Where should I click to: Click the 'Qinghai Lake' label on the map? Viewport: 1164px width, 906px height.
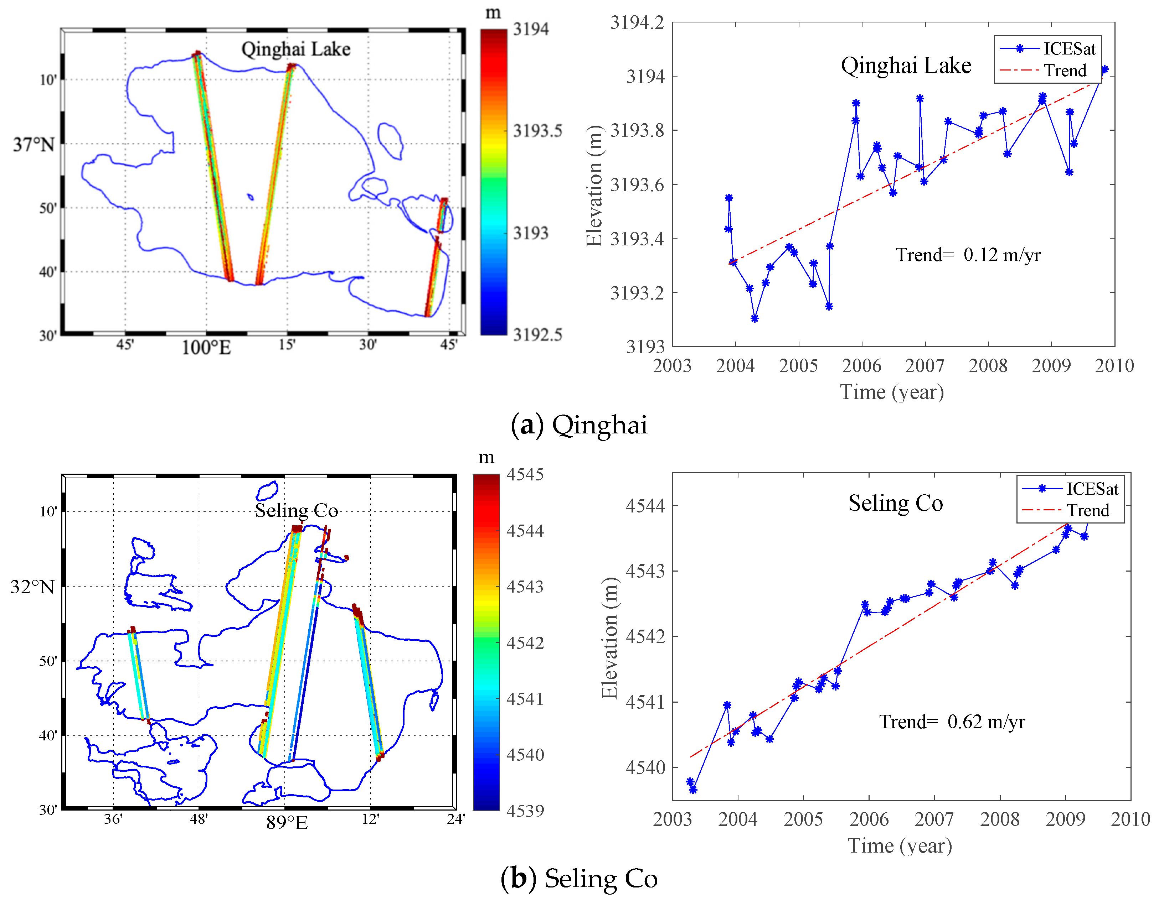[x=296, y=49]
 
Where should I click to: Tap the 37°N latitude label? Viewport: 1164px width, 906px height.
[x=34, y=144]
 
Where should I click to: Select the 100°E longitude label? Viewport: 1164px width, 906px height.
[x=206, y=348]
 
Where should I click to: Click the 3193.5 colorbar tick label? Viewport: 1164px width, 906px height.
[x=537, y=130]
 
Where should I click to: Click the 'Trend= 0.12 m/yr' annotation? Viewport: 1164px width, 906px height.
[x=967, y=255]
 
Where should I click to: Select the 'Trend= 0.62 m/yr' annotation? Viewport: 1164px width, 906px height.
[x=951, y=722]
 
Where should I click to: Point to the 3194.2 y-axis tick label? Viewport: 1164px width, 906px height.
[x=637, y=23]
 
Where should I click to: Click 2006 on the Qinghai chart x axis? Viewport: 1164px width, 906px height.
[x=861, y=366]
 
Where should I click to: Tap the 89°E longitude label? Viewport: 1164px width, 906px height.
[x=287, y=823]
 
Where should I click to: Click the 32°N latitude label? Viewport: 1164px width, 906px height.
[x=32, y=587]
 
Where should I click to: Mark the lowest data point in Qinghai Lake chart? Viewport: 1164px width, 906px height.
[x=755, y=318]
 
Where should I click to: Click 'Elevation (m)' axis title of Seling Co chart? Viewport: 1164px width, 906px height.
[x=609, y=637]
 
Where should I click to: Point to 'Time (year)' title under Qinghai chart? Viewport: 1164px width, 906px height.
[x=892, y=392]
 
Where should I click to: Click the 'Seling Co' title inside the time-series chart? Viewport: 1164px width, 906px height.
[x=895, y=503]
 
